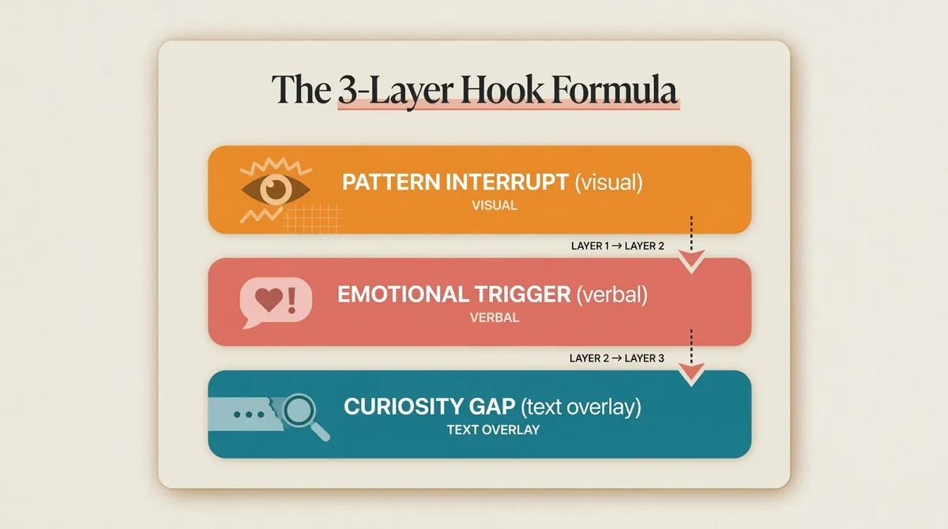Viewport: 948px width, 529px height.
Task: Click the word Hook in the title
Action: click(502, 89)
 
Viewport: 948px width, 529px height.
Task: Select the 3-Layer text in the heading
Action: click(395, 91)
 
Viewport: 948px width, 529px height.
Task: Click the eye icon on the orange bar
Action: click(276, 189)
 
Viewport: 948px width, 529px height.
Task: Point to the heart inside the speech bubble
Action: click(269, 299)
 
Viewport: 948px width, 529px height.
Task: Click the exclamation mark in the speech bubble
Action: click(292, 300)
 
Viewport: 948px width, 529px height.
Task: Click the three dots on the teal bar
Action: click(249, 415)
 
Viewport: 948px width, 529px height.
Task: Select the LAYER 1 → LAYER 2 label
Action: click(618, 246)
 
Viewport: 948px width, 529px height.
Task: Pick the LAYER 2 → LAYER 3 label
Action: click(617, 358)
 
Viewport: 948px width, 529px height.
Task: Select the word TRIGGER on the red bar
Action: click(522, 295)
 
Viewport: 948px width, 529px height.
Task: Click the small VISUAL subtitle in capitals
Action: click(495, 205)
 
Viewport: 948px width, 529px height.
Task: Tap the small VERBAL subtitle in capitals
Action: click(495, 317)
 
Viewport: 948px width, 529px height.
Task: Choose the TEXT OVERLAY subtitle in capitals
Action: click(494, 430)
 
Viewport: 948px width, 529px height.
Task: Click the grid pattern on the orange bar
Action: click(312, 219)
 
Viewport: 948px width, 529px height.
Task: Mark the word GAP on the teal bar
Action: click(491, 407)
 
